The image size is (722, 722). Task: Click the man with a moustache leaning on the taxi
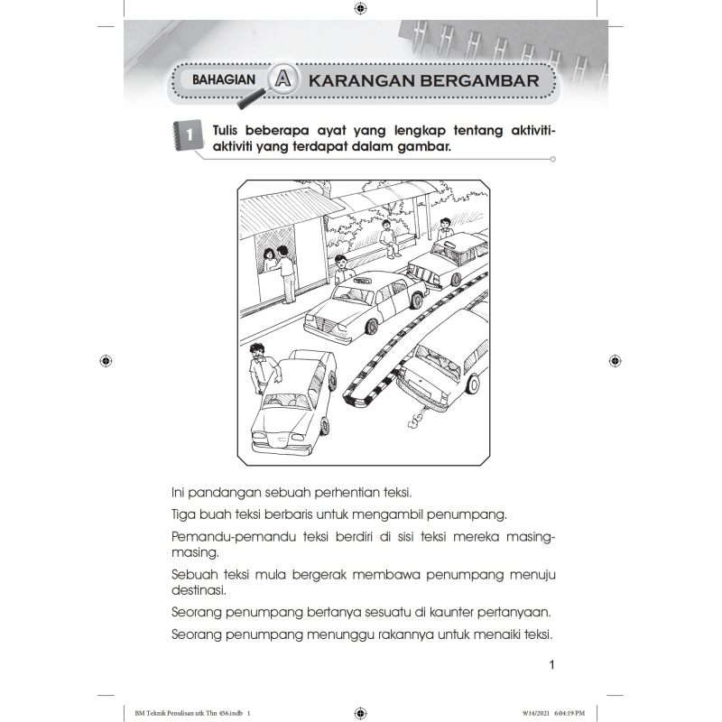[x=259, y=366]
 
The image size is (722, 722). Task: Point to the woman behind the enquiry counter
[x=269, y=259]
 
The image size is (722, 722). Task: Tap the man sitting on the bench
[x=386, y=236]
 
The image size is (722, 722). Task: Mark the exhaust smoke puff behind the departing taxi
[x=413, y=418]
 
